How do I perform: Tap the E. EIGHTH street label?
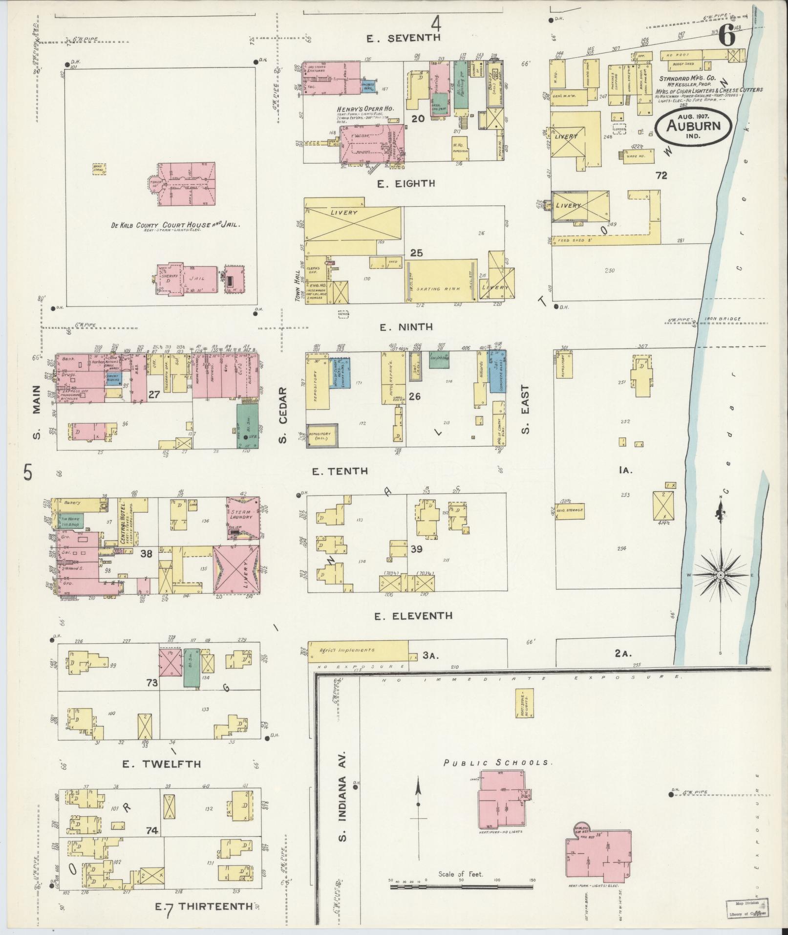point(406,183)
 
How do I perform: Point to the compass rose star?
point(720,575)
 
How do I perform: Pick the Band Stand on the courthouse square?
point(99,169)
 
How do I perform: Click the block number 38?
point(147,554)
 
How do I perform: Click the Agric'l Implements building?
point(358,650)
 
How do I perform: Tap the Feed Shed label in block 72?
point(569,240)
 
